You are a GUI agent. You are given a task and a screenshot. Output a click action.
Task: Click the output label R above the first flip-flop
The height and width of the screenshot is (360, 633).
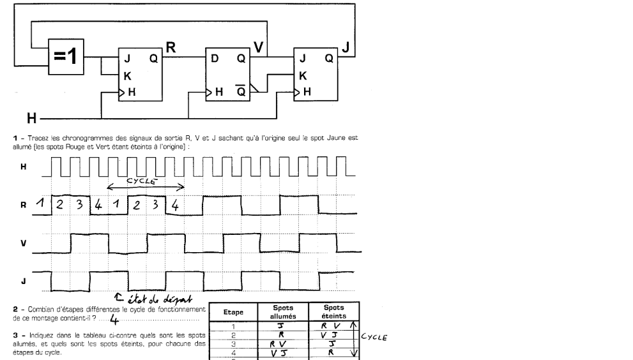point(171,46)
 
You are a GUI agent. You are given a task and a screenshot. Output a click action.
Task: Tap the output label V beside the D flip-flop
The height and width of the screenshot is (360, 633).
point(258,47)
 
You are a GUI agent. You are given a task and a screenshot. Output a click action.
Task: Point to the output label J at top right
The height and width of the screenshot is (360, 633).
point(346,46)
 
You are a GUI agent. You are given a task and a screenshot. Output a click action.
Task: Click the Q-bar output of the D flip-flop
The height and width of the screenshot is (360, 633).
point(240,91)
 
